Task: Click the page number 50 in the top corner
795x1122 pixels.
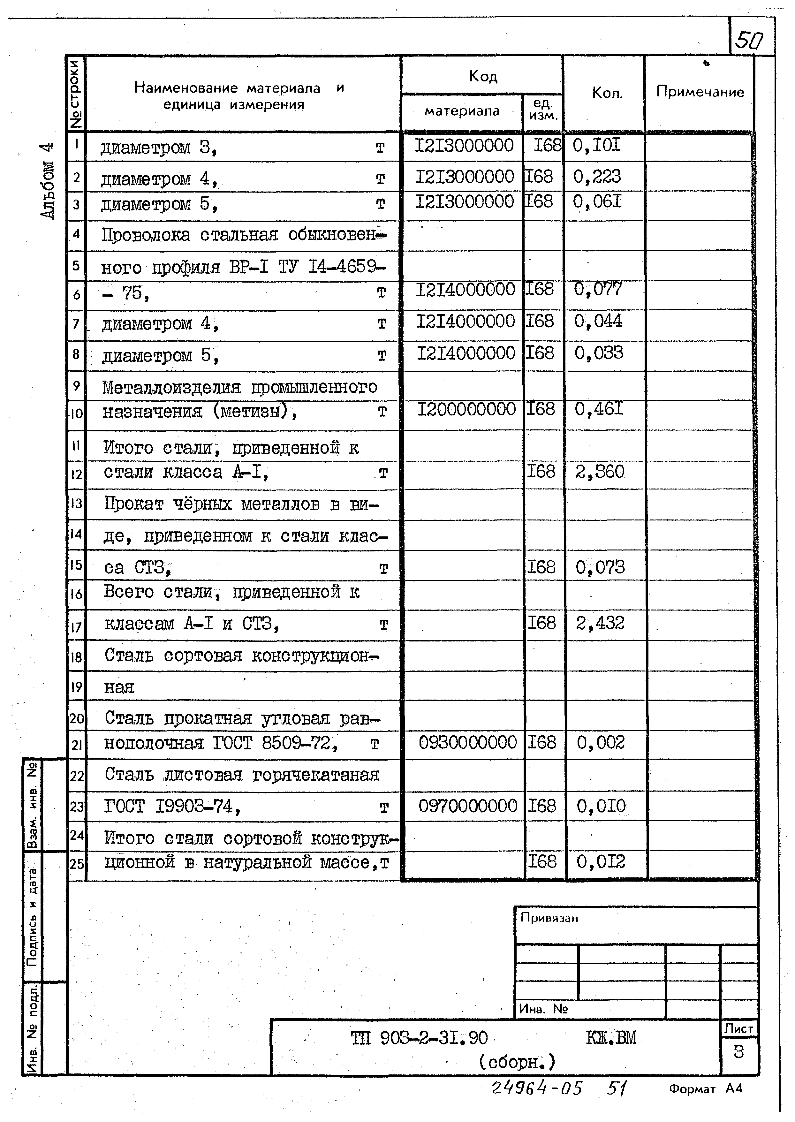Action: (x=749, y=41)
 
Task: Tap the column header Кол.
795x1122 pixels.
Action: (x=607, y=93)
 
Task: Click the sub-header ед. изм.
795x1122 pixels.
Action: (x=543, y=110)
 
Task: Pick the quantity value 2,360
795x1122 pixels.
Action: (x=600, y=472)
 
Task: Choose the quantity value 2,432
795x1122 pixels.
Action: (x=600, y=623)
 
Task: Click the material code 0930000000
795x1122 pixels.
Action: (x=467, y=743)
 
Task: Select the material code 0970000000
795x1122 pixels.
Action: (x=467, y=806)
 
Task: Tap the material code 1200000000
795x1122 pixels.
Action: (x=466, y=409)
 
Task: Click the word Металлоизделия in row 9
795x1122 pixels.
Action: (x=171, y=388)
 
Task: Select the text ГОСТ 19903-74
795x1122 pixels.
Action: (x=171, y=806)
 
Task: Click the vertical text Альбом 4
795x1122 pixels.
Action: (x=48, y=181)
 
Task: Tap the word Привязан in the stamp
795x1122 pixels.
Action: (x=549, y=918)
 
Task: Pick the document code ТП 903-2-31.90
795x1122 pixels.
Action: (x=419, y=1038)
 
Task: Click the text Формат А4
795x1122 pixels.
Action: (x=705, y=1089)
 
